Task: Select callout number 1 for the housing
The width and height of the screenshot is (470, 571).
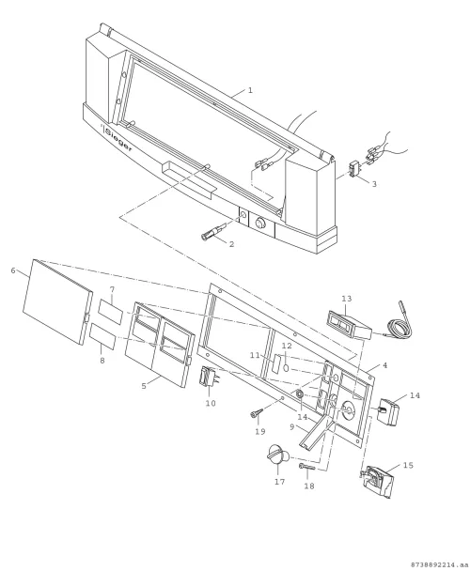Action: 250,90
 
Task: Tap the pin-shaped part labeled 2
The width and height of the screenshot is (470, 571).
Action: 214,232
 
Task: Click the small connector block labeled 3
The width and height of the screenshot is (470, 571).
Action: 354,169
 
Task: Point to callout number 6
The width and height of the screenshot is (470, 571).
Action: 13,270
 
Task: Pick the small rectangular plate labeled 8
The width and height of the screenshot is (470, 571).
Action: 102,336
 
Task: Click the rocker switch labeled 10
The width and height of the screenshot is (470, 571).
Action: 208,378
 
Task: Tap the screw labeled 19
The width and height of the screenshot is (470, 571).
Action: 257,413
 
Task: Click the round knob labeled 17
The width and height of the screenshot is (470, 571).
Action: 278,455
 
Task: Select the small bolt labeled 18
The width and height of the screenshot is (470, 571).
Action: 307,467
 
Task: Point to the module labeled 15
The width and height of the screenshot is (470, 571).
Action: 376,482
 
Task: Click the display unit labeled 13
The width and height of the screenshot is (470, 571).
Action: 350,324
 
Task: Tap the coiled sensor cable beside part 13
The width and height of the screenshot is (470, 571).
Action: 399,324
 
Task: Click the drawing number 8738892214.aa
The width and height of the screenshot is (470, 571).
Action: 439,564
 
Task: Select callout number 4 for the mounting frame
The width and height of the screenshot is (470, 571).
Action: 385,365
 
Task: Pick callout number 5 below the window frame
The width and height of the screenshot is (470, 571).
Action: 144,386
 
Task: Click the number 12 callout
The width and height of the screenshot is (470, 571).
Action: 287,346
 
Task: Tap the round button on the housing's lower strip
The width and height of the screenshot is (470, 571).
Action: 260,223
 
